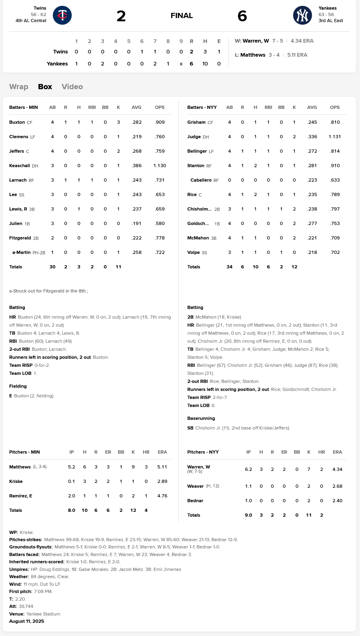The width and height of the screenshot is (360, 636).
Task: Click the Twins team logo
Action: [62, 16]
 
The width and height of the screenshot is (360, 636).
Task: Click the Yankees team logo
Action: [302, 16]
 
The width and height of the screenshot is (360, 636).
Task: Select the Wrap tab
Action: [18, 87]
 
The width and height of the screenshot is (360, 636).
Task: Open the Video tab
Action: [72, 87]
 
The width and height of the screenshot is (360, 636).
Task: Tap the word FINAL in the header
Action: [182, 16]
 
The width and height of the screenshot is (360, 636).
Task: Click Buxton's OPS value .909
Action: [160, 122]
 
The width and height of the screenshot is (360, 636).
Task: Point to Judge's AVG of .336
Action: [312, 137]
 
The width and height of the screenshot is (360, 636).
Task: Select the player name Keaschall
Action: [19, 166]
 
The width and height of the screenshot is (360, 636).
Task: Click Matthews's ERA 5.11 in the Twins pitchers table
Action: [162, 467]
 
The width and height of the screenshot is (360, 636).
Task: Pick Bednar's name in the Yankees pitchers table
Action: [195, 501]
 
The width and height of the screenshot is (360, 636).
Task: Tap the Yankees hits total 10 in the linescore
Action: [205, 64]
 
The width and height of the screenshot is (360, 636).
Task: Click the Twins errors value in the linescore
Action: [219, 52]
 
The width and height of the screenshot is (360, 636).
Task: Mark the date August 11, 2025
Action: [27, 621]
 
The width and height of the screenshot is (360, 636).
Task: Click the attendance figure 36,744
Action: [26, 606]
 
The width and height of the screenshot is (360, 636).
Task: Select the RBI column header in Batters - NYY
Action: [268, 107]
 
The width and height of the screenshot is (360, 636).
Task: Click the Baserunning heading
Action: [201, 418]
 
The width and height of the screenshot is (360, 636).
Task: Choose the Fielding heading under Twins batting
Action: [18, 386]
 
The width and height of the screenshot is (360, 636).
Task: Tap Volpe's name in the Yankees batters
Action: [193, 252]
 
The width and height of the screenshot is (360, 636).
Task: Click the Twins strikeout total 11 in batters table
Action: [119, 267]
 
